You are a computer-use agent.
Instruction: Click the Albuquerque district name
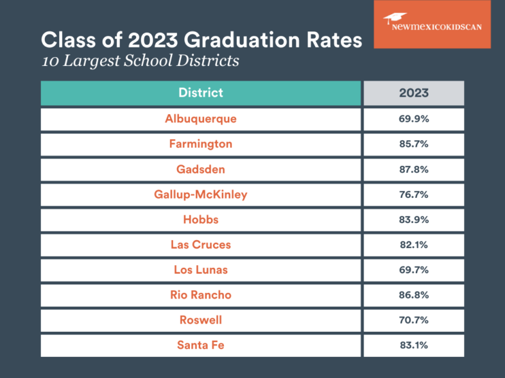(200, 119)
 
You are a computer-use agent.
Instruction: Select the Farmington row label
(200, 144)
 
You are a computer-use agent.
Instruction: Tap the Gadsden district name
(200, 169)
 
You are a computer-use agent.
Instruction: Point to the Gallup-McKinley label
(200, 194)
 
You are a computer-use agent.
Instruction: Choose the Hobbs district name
(200, 219)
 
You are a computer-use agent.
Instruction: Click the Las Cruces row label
(200, 245)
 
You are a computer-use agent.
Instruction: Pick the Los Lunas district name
(200, 270)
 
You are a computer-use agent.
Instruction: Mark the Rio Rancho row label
(200, 295)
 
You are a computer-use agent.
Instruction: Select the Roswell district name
(200, 320)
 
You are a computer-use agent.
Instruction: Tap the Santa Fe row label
(200, 345)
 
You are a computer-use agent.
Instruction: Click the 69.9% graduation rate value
(413, 119)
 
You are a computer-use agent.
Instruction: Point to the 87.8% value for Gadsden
(413, 169)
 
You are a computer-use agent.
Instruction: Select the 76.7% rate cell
(413, 194)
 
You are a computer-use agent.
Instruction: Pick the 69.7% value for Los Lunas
(413, 270)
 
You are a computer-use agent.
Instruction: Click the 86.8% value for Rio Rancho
(413, 295)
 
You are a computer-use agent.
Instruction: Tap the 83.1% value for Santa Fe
(413, 345)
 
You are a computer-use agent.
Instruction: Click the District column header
(200, 93)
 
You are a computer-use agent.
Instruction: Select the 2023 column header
(413, 93)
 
